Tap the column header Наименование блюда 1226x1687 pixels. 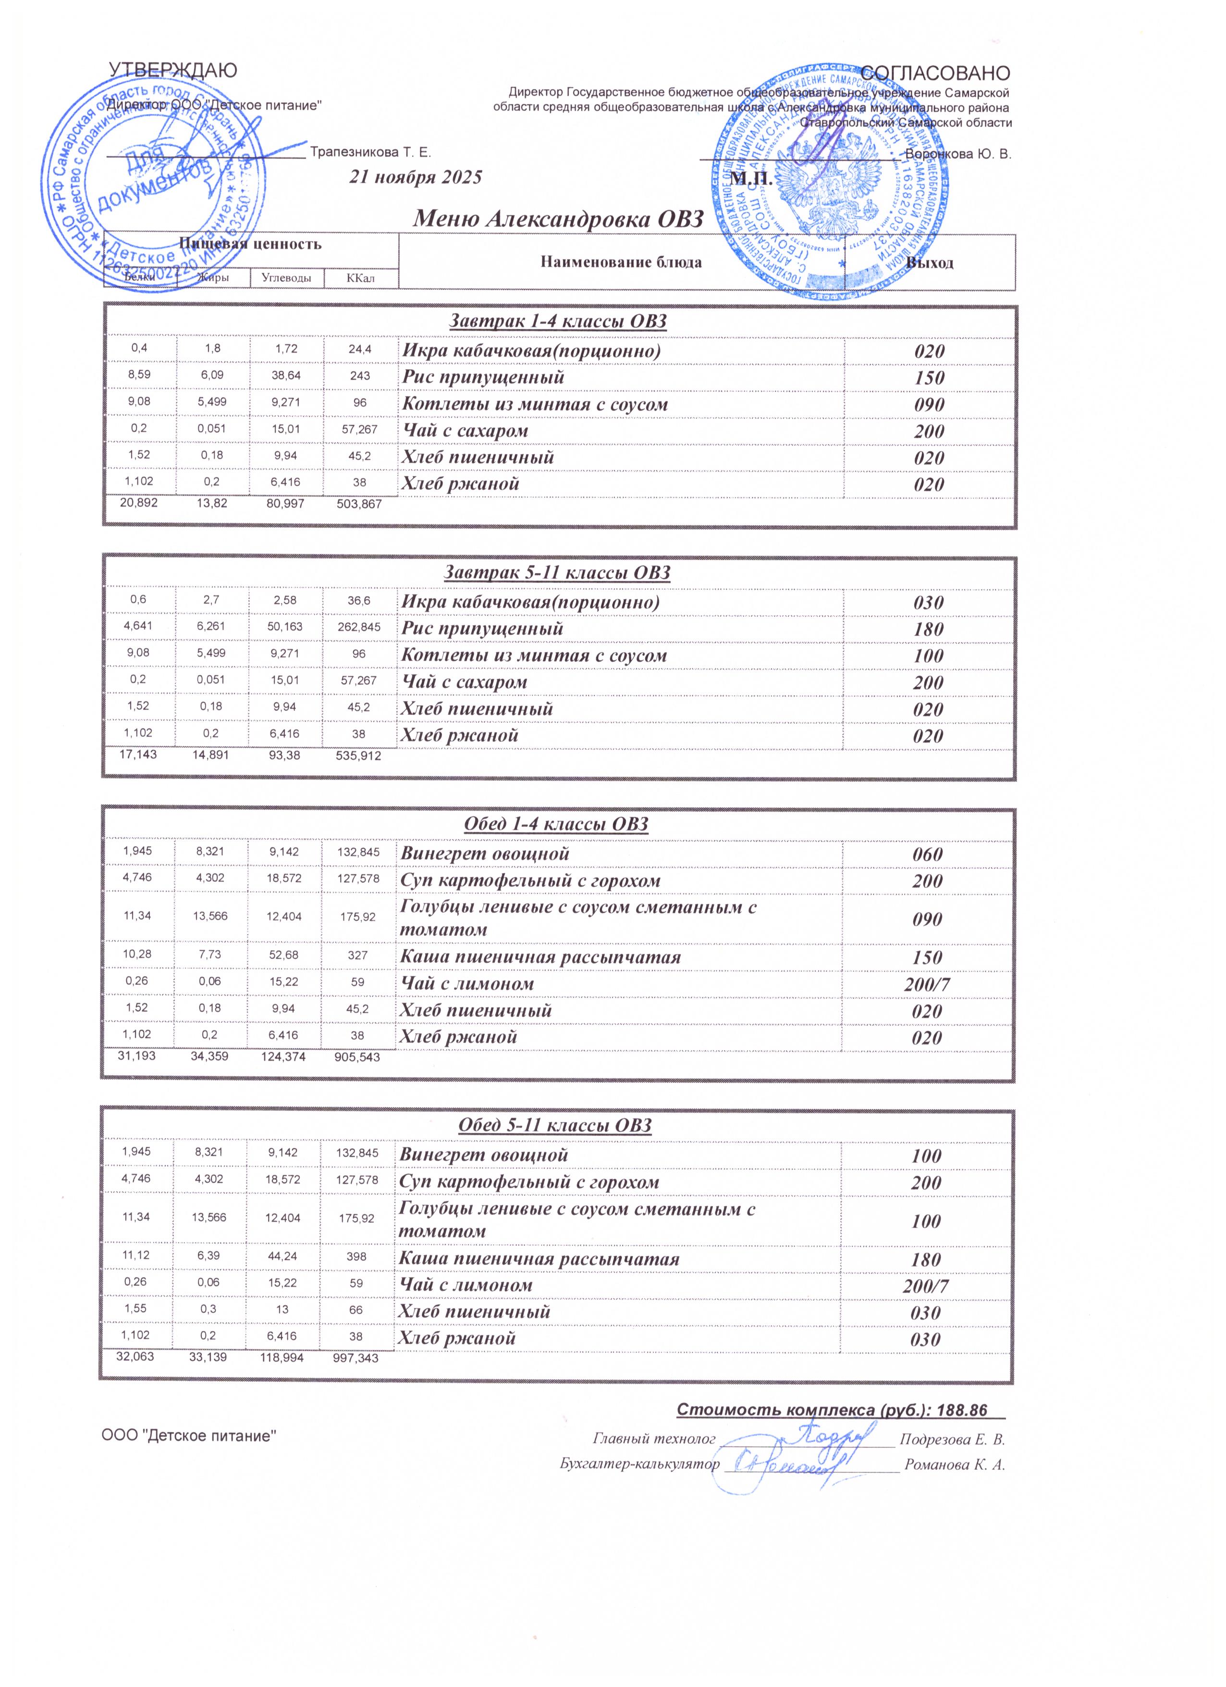(621, 262)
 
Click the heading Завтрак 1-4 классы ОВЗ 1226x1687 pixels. (558, 322)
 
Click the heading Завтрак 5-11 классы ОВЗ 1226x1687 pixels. (558, 573)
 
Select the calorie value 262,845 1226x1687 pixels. (359, 628)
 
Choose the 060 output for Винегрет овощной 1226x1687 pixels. (927, 855)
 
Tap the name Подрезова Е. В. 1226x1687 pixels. (952, 1439)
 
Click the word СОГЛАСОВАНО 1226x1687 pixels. (935, 73)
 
